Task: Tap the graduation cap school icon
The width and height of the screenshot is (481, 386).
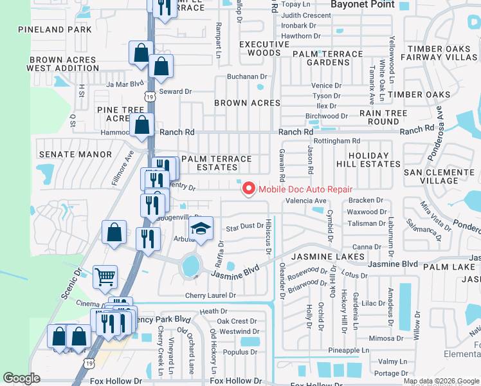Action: [x=201, y=228]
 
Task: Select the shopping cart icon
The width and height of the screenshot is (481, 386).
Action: [x=105, y=277]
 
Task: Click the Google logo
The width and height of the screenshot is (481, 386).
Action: [x=22, y=378]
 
